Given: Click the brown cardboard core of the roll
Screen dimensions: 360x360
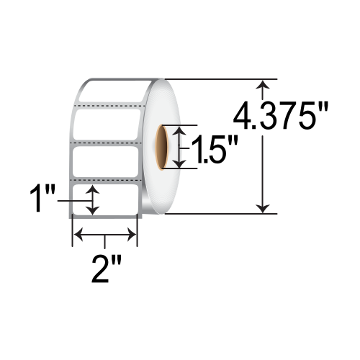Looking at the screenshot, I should click(x=164, y=147).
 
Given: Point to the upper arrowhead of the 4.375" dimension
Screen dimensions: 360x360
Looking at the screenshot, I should click(x=266, y=85).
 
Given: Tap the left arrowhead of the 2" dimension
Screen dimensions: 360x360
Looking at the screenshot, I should click(x=78, y=234).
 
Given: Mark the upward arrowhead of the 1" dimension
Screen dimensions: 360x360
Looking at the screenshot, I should click(x=93, y=190).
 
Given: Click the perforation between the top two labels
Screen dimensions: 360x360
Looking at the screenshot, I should click(x=111, y=106).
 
